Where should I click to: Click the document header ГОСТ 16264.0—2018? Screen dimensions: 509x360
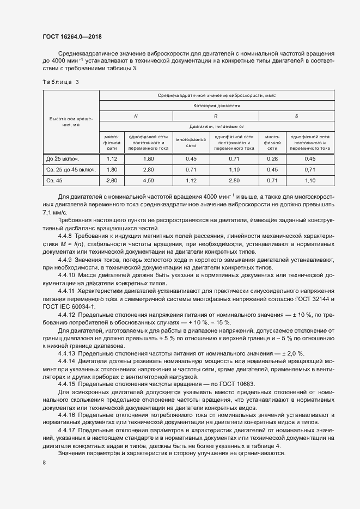pos(72,37)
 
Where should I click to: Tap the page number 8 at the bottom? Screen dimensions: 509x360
pos(44,462)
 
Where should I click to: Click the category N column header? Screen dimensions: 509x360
pos(136,116)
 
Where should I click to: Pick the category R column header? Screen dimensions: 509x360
pos(216,116)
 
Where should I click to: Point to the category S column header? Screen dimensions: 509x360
pos(296,116)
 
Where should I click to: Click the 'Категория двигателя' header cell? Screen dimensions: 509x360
pos(216,105)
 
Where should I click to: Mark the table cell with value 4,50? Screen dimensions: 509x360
pos(148,180)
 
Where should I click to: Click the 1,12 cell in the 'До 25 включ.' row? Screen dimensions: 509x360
pos(112,158)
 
